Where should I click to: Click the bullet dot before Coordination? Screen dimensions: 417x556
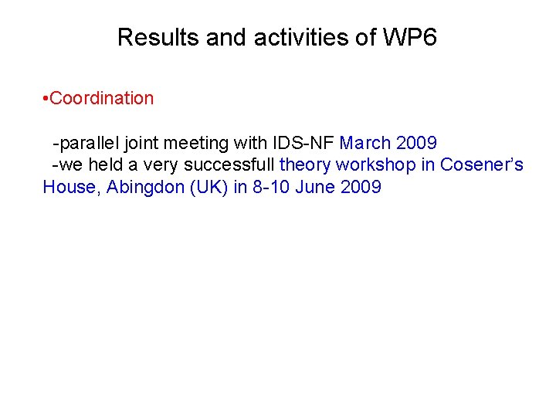pos(46,99)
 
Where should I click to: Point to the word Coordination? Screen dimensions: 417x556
pos(101,98)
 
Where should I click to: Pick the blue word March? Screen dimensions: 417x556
pos(365,143)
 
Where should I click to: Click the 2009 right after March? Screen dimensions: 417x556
pos(416,143)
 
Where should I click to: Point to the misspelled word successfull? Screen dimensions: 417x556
pos(229,164)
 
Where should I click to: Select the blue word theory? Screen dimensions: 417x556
pos(305,164)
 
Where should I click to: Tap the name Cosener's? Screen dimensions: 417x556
pos(482,164)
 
